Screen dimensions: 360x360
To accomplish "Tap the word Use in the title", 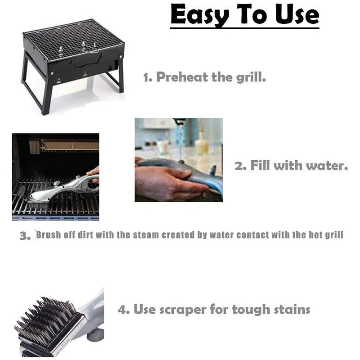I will [x=294, y=15].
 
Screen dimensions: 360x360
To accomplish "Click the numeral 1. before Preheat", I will [x=148, y=77].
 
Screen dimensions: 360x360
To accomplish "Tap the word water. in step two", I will [x=326, y=166].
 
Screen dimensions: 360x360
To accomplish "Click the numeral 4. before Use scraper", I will [x=124, y=310].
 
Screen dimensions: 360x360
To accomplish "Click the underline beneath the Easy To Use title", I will [x=244, y=28].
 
